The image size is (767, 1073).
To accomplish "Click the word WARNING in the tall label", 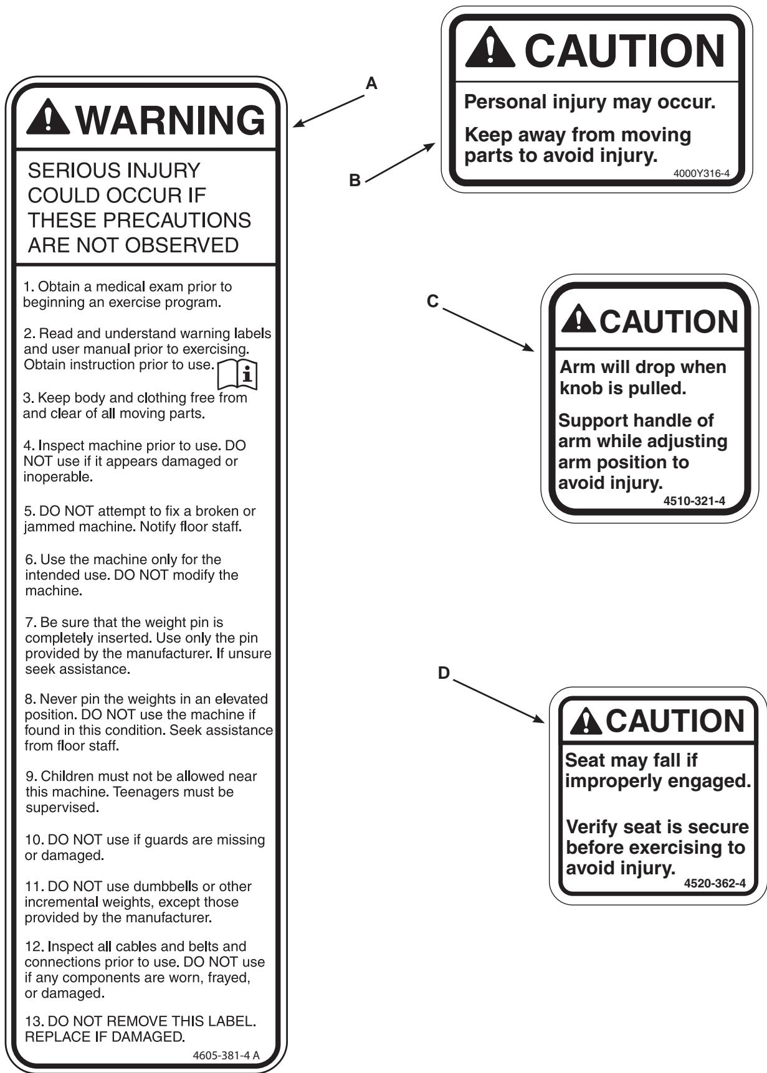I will click(x=172, y=120).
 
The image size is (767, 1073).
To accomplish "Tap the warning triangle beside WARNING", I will click(x=48, y=118).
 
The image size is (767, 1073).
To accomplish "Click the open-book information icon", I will click(x=237, y=374).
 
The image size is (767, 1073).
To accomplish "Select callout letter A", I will click(x=371, y=83).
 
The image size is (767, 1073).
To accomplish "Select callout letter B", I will click(x=355, y=181).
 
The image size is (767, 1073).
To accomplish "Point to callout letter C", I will click(x=432, y=301).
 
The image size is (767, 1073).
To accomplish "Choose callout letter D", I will click(x=444, y=673).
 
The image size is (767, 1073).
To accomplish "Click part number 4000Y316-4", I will click(x=701, y=173).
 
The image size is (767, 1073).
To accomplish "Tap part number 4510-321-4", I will click(x=694, y=501).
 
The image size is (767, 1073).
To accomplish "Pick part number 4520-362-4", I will click(x=714, y=883).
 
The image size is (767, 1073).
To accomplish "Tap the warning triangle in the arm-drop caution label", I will click(x=578, y=318).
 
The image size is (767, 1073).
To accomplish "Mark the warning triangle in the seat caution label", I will click(x=586, y=721).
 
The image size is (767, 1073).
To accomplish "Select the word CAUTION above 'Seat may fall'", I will click(x=675, y=721).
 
